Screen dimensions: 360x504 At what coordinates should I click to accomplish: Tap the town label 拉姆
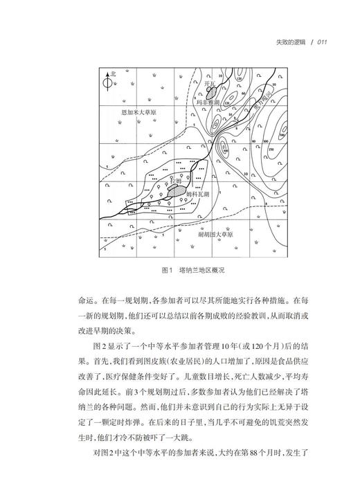[x=177, y=181]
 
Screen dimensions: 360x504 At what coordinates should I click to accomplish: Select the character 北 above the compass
[x=114, y=73]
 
